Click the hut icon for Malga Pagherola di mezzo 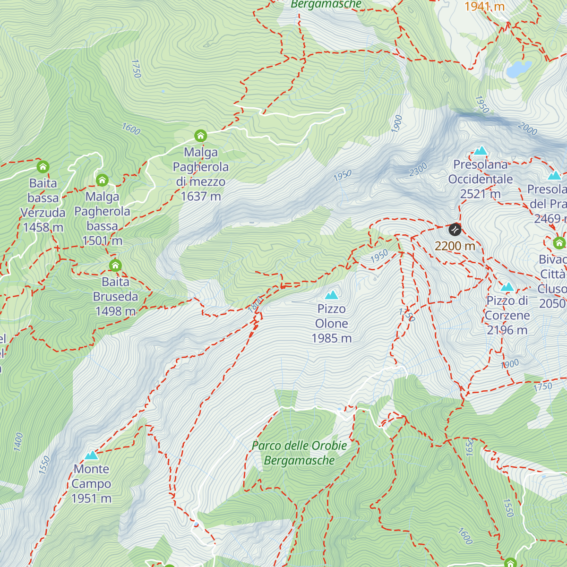pos(201,136)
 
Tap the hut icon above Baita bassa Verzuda pos(43,167)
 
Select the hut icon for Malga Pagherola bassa pos(102,180)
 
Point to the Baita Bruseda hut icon pos(115,265)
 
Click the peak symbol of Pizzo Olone pos(332,295)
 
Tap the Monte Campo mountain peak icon pos(92,455)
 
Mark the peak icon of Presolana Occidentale pos(481,151)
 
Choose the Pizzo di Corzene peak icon pos(507,287)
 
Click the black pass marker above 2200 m pos(455,230)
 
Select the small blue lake pos(517,69)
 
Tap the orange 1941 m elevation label pos(484,7)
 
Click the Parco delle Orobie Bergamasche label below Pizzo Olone pos(300,453)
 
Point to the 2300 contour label pos(418,170)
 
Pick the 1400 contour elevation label pos(18,442)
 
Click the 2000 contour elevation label pos(527,129)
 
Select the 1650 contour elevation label pos(469,447)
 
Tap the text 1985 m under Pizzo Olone pos(332,338)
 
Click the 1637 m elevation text pos(201,196)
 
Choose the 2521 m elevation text pos(480,194)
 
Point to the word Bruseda pos(115,297)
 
